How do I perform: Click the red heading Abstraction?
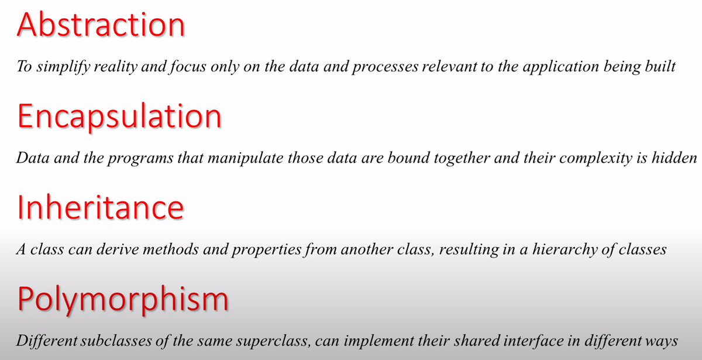point(101,25)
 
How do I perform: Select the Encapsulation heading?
point(119,117)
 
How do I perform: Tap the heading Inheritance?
point(100,207)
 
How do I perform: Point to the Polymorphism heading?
point(123,300)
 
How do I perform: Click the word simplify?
point(63,67)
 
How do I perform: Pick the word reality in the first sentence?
point(116,67)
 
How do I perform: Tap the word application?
point(561,67)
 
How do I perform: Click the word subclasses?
point(116,341)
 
